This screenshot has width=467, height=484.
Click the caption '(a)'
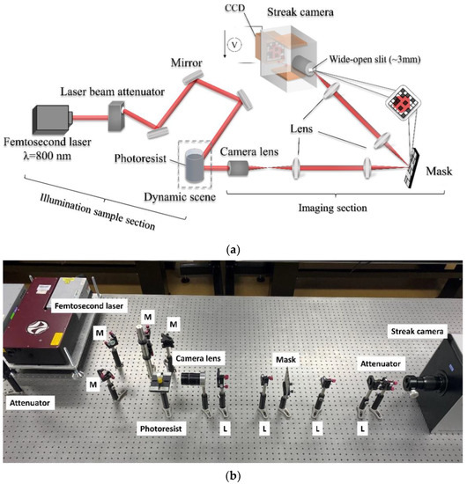coord(233,250)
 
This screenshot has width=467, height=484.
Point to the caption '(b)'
coord(233,474)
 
